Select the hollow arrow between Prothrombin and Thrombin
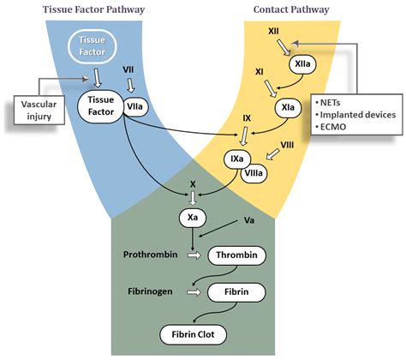pyautogui.click(x=194, y=255)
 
